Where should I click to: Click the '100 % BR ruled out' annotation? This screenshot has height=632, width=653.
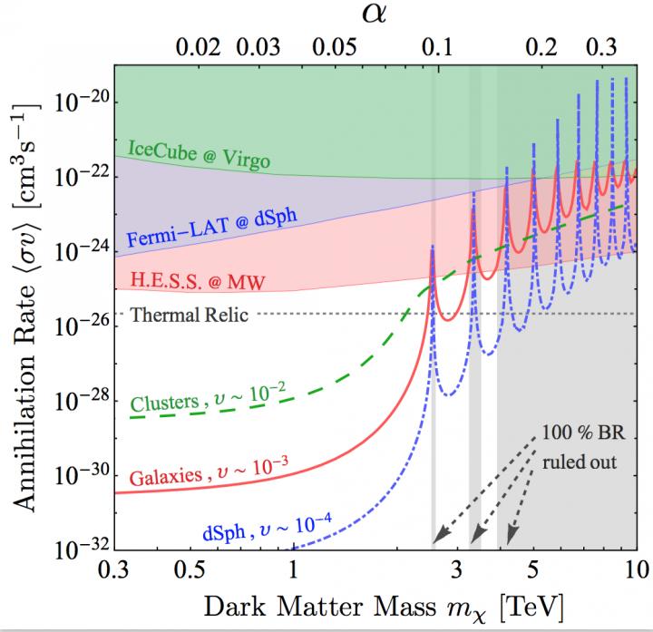pos(580,444)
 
